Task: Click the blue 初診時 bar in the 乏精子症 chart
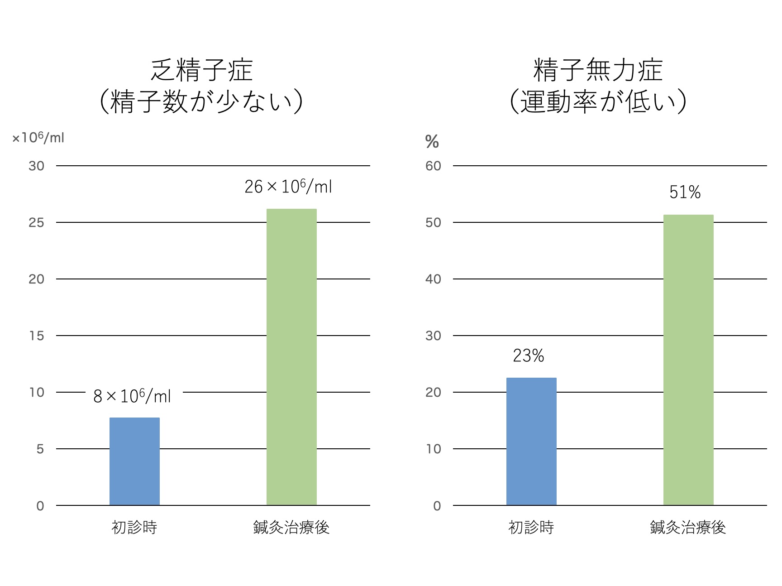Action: [x=134, y=461]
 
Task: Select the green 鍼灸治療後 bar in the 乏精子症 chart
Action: [x=291, y=357]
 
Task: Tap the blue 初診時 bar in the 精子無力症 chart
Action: [x=531, y=441]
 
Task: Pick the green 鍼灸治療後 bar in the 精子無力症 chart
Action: [x=688, y=360]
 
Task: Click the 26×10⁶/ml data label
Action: [x=288, y=187]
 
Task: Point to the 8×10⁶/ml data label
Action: [x=132, y=396]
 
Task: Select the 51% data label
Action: [x=685, y=192]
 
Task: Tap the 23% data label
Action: [x=528, y=356]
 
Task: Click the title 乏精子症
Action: [x=201, y=70]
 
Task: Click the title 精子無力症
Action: [x=598, y=70]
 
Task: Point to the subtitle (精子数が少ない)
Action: [x=201, y=101]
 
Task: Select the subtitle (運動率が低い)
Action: [x=598, y=101]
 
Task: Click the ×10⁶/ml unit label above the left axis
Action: [x=38, y=137]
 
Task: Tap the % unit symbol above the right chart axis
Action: [x=432, y=142]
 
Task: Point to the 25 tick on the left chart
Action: [x=36, y=222]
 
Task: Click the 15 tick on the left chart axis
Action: [x=36, y=336]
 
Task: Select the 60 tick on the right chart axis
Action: [x=433, y=166]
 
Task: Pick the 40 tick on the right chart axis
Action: [x=433, y=279]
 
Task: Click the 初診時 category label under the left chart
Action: [x=134, y=528]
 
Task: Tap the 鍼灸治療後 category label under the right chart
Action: [x=688, y=528]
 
